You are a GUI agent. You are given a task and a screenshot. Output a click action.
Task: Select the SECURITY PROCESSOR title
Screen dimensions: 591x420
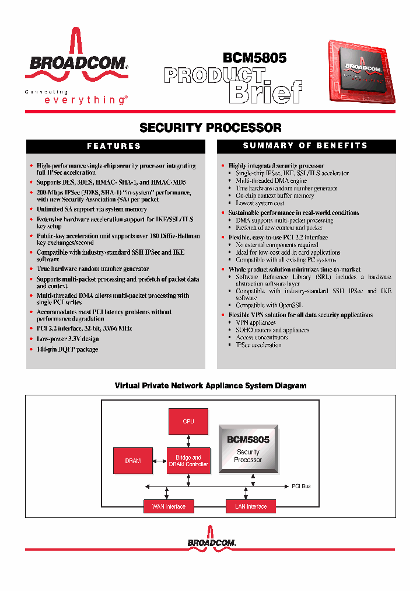click(211, 127)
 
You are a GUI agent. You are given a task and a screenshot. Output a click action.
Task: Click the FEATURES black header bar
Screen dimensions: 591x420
click(114, 146)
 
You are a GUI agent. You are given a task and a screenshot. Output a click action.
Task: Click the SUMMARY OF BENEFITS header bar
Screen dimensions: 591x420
click(305, 146)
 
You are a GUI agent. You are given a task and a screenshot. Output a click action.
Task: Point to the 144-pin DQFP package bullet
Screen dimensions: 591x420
click(67, 349)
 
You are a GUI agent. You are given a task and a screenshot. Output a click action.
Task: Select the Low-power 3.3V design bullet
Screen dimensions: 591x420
click(68, 339)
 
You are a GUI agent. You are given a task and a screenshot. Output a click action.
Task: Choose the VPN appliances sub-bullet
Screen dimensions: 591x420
click(256, 322)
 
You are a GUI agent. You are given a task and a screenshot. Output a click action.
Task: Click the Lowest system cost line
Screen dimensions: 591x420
click(260, 203)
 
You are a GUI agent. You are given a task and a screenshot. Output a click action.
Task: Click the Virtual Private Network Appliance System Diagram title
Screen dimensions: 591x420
click(211, 386)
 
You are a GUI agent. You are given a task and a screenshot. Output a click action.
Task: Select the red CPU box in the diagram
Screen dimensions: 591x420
click(188, 421)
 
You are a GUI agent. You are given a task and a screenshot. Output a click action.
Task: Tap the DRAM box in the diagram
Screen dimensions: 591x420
click(133, 461)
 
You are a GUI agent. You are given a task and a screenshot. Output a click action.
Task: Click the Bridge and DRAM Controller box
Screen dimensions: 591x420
click(188, 461)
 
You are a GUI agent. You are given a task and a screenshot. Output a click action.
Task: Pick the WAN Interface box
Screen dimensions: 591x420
click(169, 506)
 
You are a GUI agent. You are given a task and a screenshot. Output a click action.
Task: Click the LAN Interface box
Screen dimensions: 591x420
click(251, 506)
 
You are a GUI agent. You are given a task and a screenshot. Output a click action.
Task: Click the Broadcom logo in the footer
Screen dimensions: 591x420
click(211, 543)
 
